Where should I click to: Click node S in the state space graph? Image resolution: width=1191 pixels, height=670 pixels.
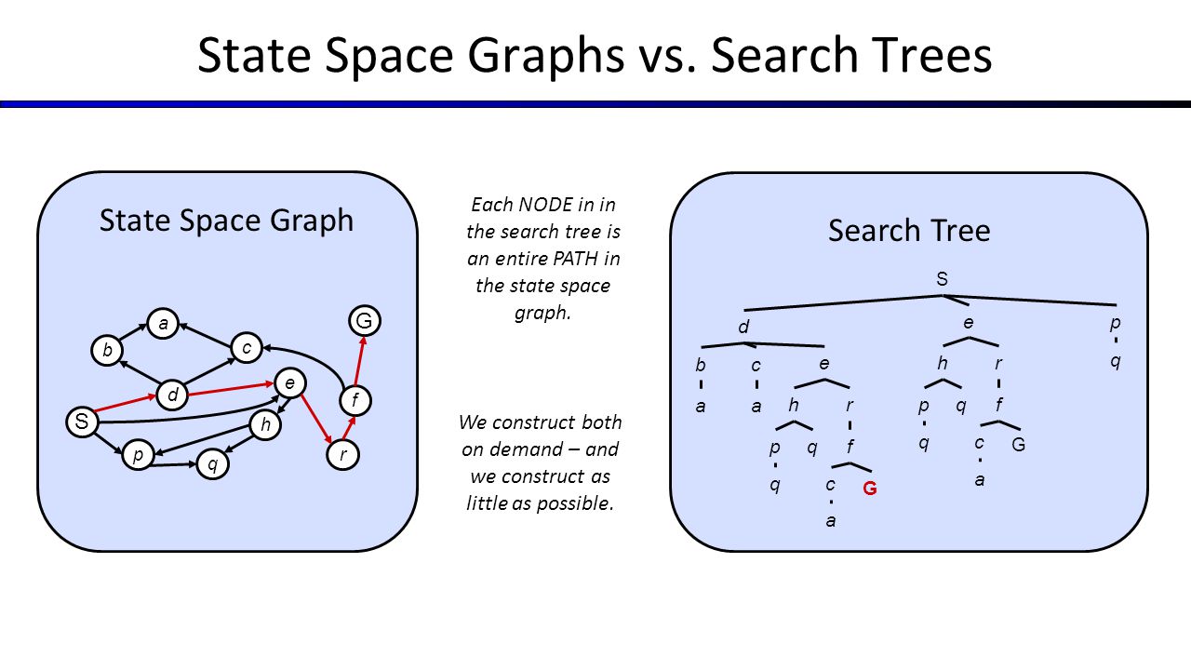tap(82, 422)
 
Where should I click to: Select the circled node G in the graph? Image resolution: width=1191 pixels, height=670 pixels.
tap(364, 321)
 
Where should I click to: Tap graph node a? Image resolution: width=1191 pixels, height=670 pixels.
tap(163, 323)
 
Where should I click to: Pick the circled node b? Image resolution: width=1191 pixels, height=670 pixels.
tap(107, 351)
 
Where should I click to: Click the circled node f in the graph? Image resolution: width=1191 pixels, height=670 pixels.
tap(355, 400)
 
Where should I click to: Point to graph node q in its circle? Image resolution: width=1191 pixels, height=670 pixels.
tap(212, 464)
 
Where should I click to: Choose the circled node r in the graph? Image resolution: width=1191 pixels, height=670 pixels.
tap(342, 455)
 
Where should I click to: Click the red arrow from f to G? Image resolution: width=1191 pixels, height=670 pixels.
tap(360, 360)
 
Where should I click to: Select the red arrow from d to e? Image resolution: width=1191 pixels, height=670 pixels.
tap(232, 389)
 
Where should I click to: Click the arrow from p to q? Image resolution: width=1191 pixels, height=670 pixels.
tap(173, 465)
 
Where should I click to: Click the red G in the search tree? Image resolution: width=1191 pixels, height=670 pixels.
tap(870, 489)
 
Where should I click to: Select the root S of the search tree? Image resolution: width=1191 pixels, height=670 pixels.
tap(942, 278)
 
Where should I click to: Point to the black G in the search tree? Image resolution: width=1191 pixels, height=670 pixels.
tap(1018, 445)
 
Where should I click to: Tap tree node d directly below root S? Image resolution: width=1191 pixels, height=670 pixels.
tap(743, 326)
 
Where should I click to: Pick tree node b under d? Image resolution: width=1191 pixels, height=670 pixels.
tap(701, 365)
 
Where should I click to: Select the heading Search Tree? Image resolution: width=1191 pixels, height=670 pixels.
tap(909, 231)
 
